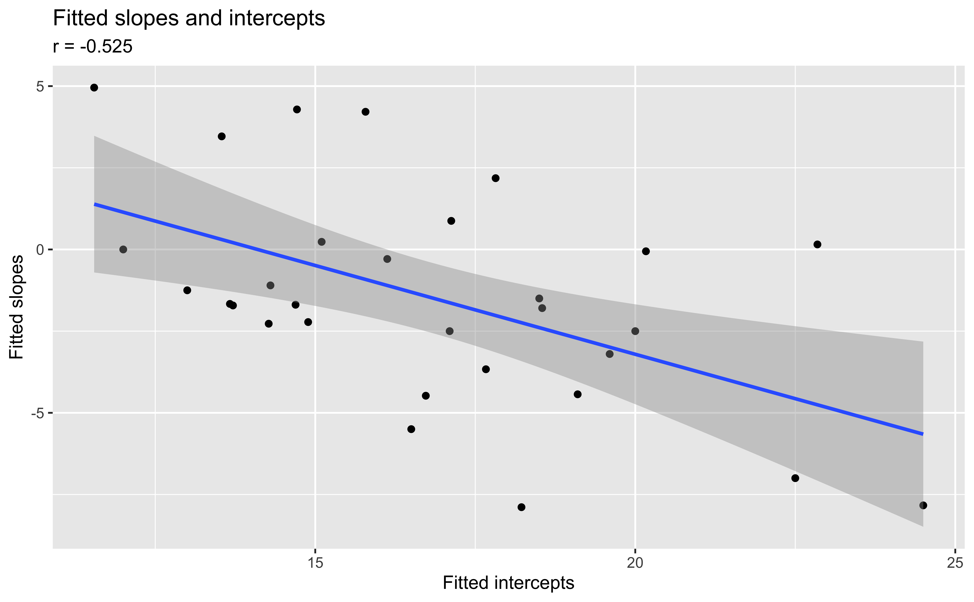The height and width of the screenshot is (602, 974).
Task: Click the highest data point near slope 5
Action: (x=94, y=88)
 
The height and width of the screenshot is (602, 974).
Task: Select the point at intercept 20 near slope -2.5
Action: (x=635, y=331)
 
